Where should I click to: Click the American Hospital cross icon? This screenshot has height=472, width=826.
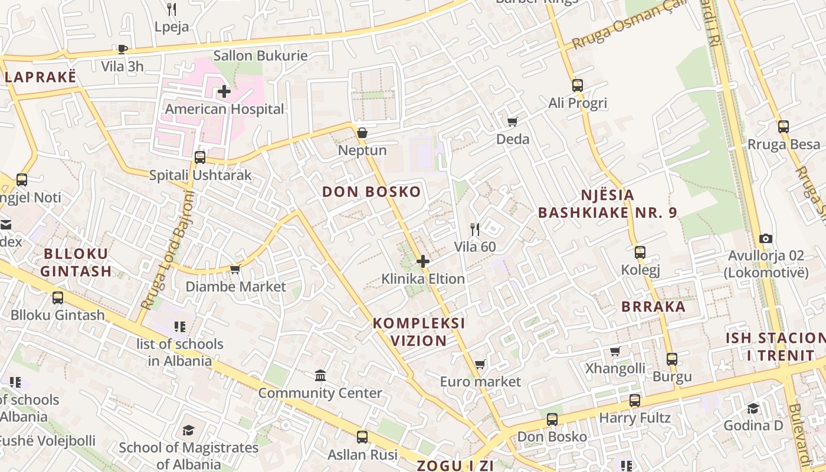[224, 91]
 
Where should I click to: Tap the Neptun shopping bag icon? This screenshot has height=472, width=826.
[362, 133]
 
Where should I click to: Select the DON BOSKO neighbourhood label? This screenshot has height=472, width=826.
[372, 192]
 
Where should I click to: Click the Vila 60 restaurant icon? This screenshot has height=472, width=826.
[475, 229]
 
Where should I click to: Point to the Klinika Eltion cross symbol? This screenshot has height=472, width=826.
[423, 261]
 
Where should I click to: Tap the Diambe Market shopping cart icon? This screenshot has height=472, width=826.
[235, 269]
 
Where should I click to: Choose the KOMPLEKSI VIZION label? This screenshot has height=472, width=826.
[419, 332]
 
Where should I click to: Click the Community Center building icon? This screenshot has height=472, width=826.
[320, 375]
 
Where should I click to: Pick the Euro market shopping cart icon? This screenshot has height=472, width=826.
[480, 364]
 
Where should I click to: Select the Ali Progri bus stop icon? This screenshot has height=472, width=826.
[577, 85]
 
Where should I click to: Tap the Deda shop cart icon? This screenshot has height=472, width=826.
[512, 122]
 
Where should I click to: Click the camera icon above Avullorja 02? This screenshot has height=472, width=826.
[766, 238]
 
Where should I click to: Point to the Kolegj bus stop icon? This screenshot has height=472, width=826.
[640, 253]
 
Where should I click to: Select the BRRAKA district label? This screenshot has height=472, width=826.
[654, 307]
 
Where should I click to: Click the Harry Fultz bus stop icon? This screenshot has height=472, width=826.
[635, 400]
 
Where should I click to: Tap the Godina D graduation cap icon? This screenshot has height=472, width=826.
[753, 408]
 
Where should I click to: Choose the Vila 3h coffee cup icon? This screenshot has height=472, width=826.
[122, 49]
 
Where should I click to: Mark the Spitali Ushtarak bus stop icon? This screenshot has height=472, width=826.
[200, 157]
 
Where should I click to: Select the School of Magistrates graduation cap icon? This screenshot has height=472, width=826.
[188, 430]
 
